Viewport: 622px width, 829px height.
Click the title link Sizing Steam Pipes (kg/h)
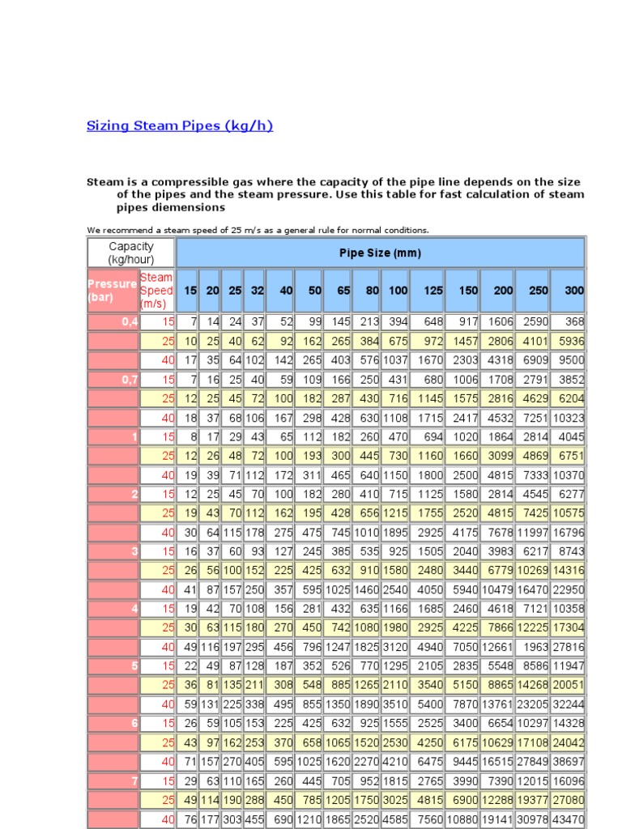pyautogui.click(x=179, y=125)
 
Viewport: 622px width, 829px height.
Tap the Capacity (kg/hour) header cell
pyautogui.click(x=131, y=253)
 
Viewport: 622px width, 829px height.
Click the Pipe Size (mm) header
pyautogui.click(x=380, y=253)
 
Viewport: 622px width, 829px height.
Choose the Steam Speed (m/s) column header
pyautogui.click(x=157, y=291)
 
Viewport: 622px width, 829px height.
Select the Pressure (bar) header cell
pyautogui.click(x=113, y=291)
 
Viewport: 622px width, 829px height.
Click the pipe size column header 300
pyautogui.click(x=573, y=291)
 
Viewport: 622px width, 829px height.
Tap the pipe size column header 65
pyautogui.click(x=343, y=291)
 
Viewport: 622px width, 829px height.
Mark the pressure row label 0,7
pyautogui.click(x=130, y=379)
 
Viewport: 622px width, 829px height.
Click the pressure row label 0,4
pyautogui.click(x=130, y=322)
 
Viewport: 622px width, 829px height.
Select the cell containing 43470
pyautogui.click(x=567, y=820)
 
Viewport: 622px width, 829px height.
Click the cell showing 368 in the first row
pyautogui.click(x=573, y=322)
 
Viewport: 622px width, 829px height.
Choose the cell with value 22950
pyautogui.click(x=567, y=589)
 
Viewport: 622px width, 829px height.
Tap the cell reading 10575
pyautogui.click(x=567, y=512)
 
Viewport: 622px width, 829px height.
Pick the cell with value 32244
pyautogui.click(x=567, y=704)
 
